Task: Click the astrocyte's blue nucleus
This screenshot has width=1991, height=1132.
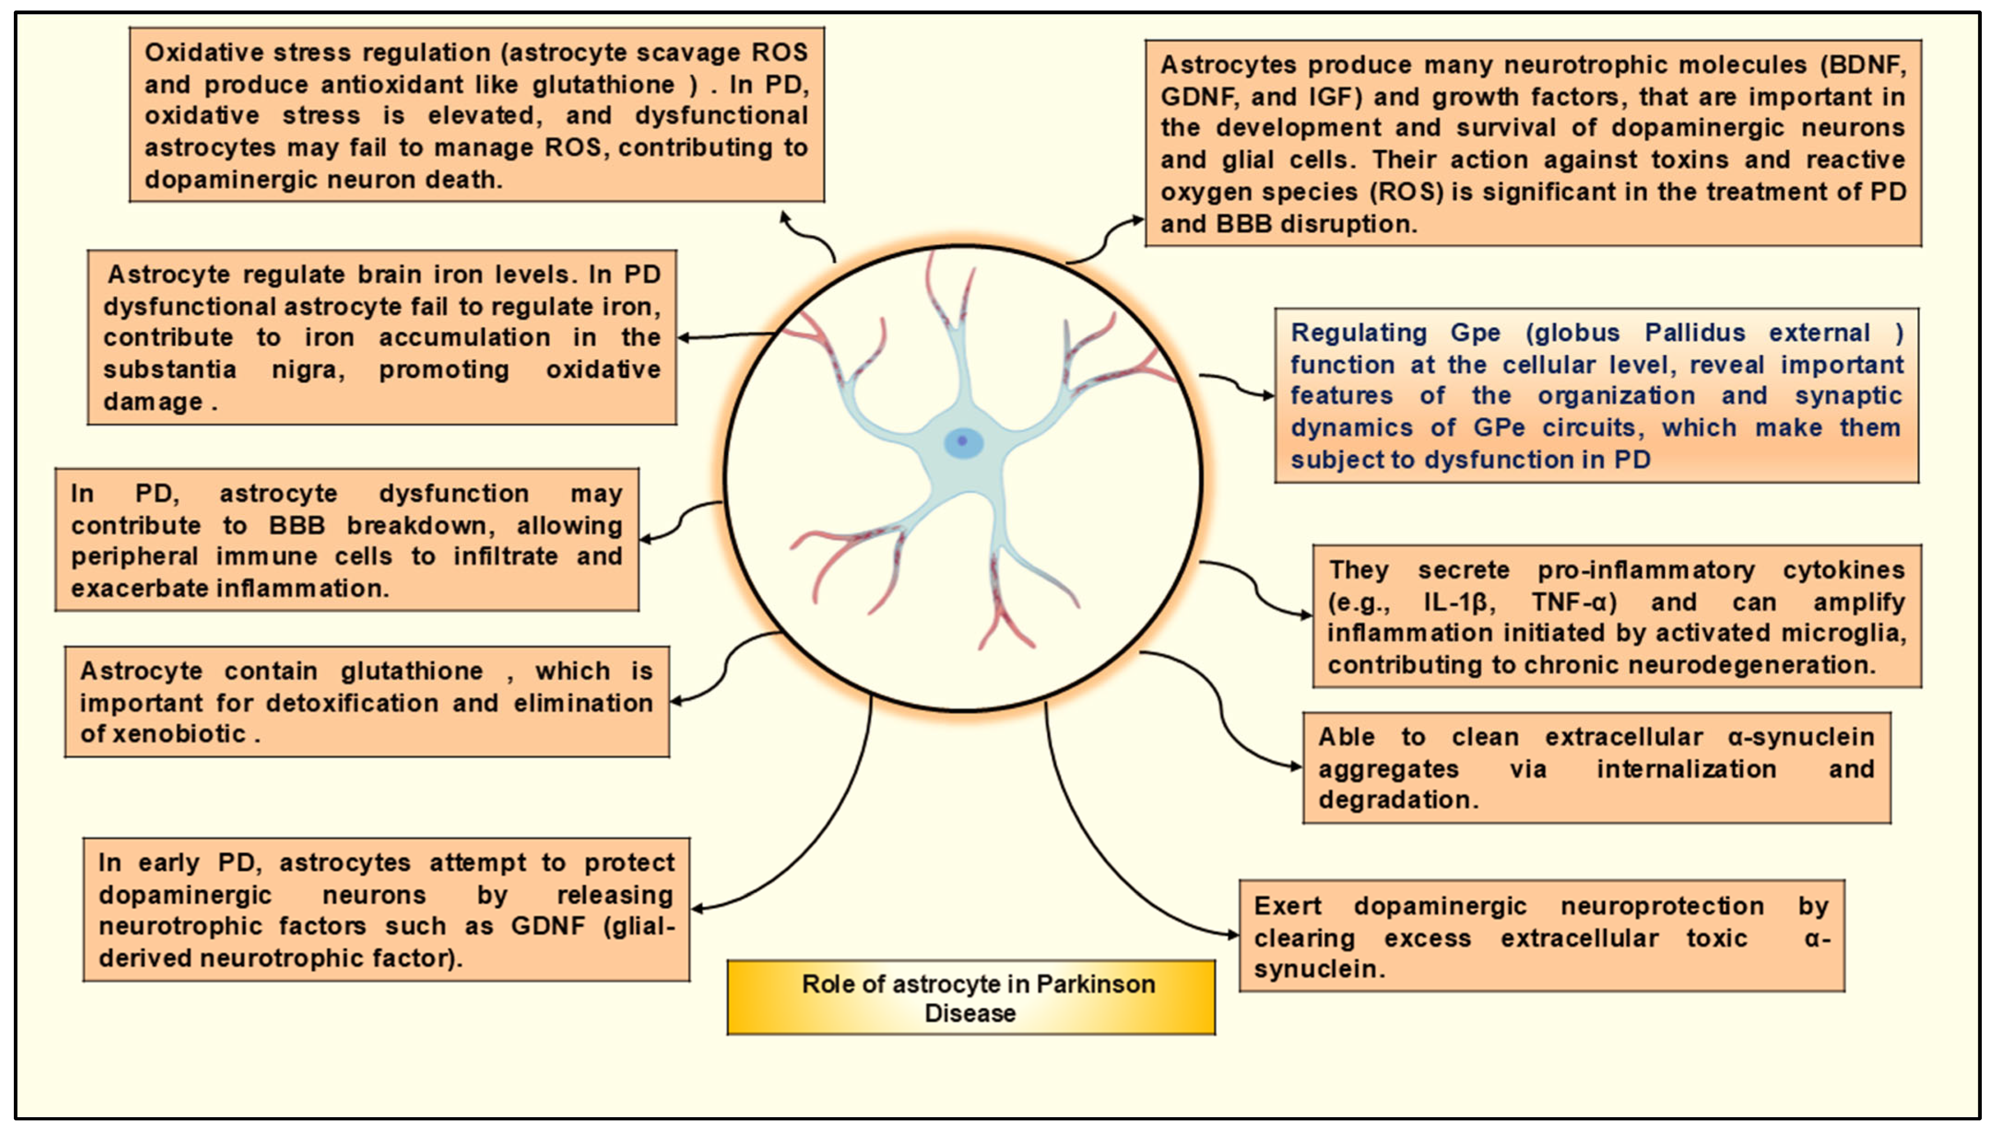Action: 963,442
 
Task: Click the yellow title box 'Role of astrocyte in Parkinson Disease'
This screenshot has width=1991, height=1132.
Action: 970,997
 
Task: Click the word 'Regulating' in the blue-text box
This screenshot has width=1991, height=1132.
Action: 1358,333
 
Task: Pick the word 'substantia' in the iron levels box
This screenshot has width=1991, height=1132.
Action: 170,369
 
